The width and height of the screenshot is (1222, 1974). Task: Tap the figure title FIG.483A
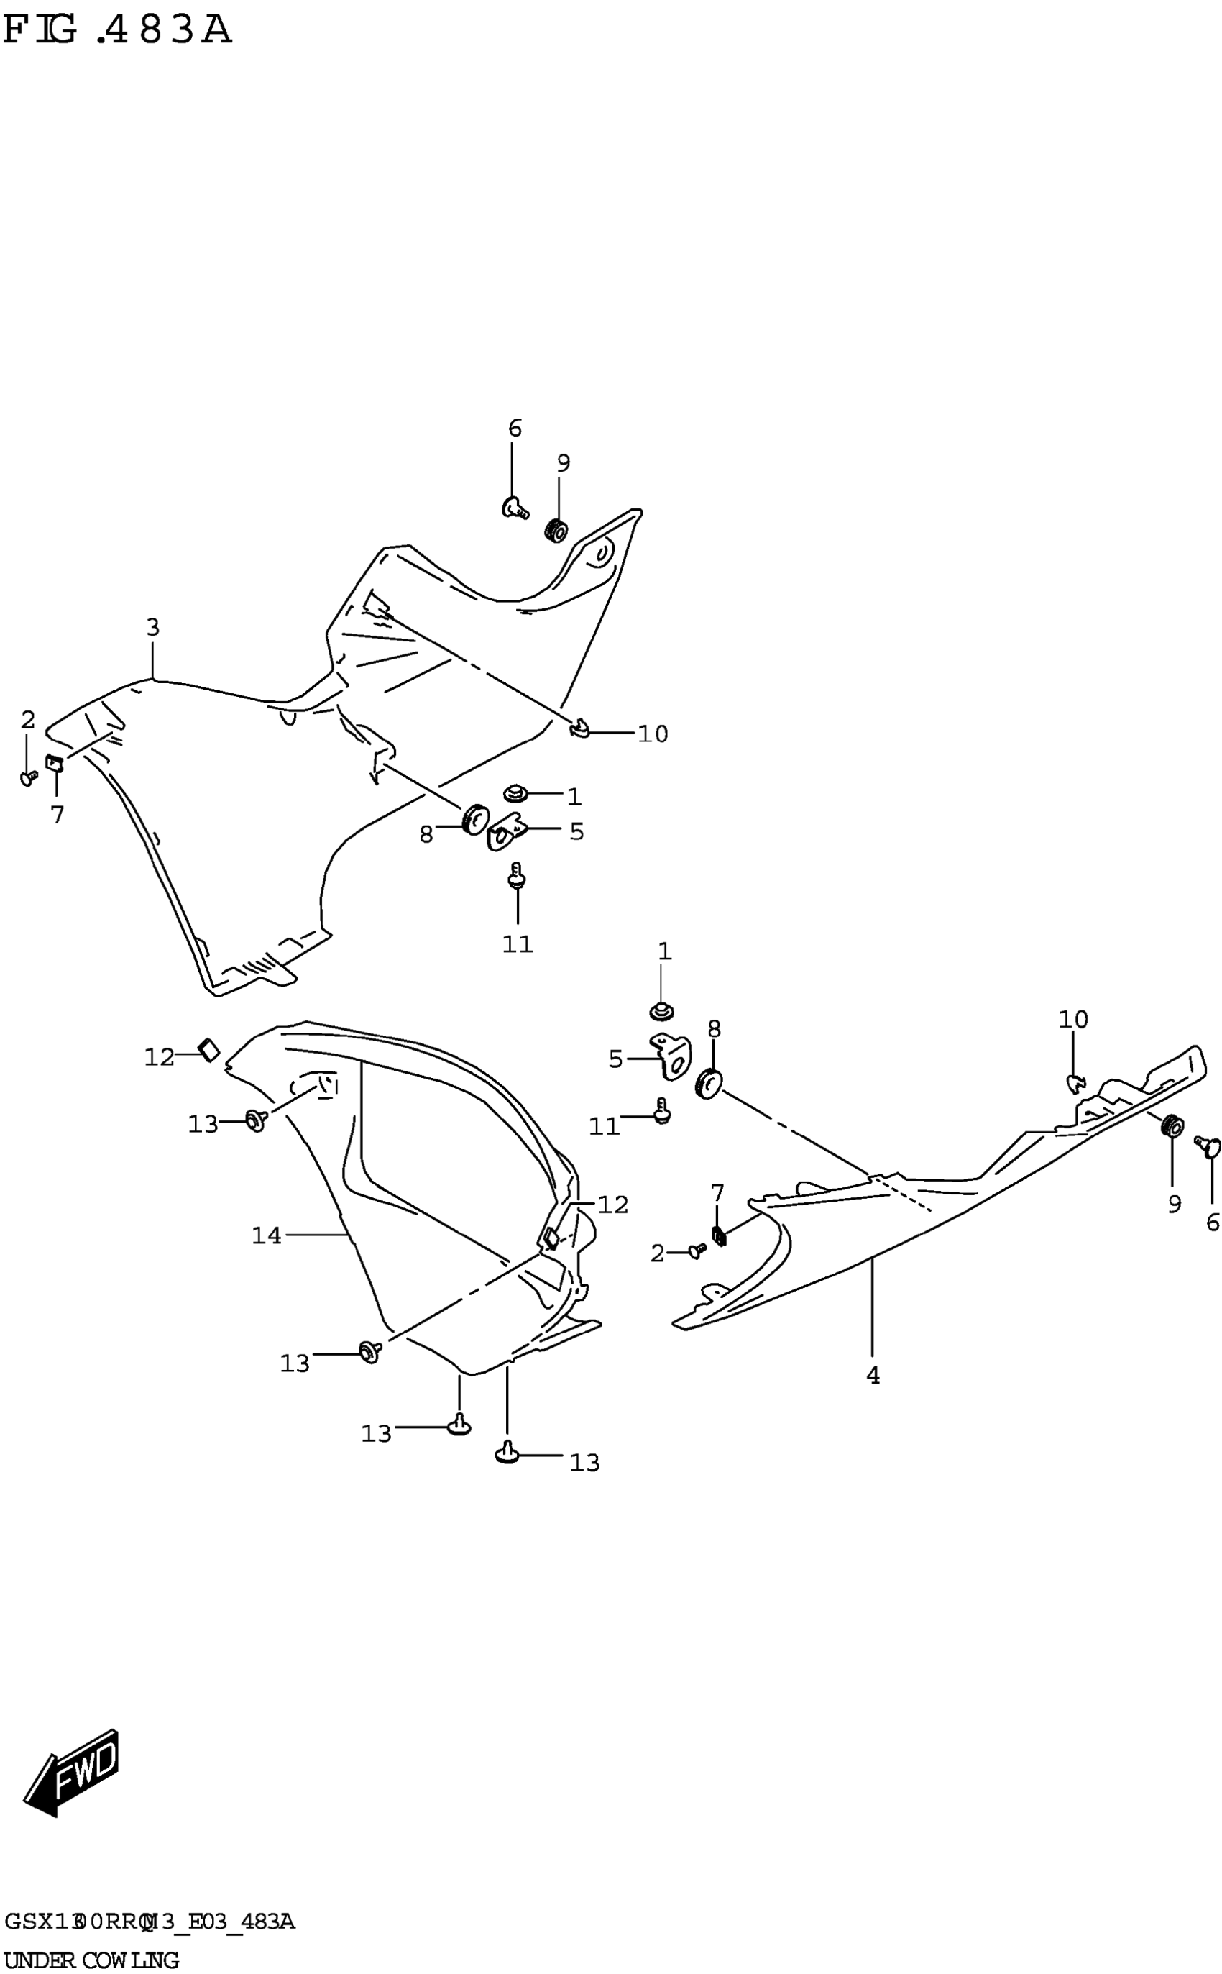point(117,31)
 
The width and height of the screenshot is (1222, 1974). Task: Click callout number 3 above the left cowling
point(152,626)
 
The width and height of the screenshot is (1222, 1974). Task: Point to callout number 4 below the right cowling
point(873,1375)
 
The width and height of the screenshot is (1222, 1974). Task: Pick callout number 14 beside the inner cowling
point(267,1235)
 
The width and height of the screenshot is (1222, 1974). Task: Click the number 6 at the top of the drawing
point(515,429)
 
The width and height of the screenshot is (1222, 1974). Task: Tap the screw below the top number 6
point(515,508)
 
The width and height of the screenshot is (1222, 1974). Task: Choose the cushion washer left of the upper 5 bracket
point(474,820)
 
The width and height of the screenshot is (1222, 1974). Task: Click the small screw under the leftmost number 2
point(28,777)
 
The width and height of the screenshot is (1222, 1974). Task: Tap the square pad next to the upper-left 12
point(209,1050)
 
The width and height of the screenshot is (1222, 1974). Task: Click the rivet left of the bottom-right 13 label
point(507,1453)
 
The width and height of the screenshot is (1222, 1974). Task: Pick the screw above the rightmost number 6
point(1209,1146)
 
